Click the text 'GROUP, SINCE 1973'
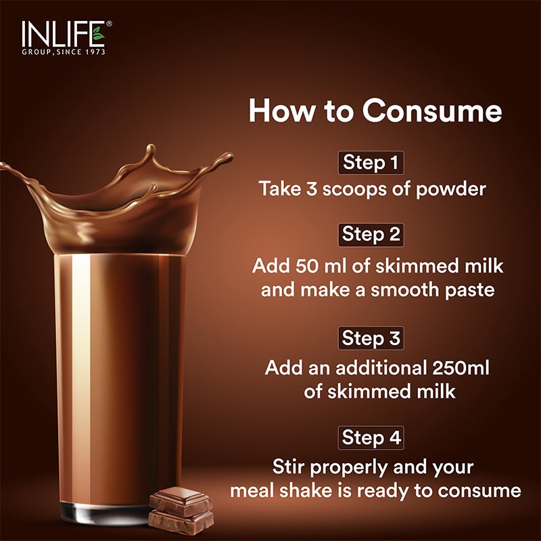tap(64, 51)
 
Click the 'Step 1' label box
tap(371, 162)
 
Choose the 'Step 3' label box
tap(371, 337)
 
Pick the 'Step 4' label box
tap(371, 437)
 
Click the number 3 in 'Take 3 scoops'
tap(310, 189)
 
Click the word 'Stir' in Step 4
tap(289, 467)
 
